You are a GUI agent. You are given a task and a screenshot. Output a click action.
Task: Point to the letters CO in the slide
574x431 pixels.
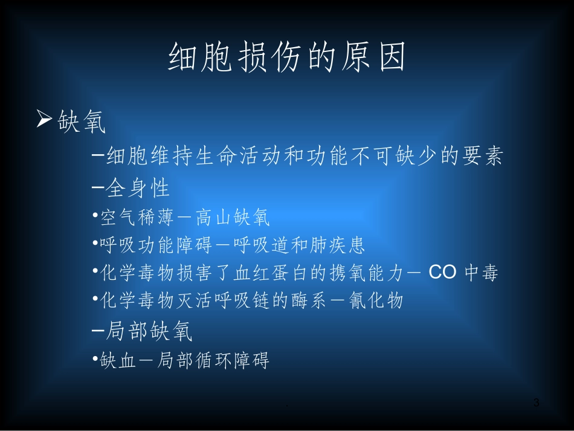(x=442, y=273)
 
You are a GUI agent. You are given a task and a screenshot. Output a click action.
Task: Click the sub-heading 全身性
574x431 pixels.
(x=138, y=188)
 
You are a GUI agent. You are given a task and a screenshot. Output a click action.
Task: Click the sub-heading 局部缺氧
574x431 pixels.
(x=149, y=331)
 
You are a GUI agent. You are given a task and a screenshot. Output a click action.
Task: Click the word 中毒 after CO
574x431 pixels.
(x=482, y=273)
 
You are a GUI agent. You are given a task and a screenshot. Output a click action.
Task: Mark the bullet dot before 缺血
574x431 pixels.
(x=96, y=358)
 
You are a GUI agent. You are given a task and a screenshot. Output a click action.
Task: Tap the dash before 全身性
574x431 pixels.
(x=97, y=187)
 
